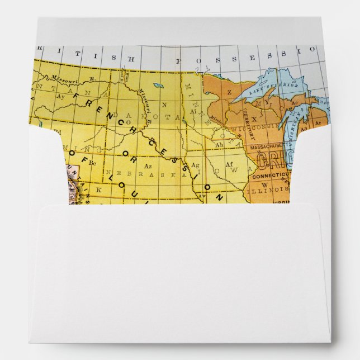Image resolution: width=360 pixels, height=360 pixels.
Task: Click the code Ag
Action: (x=195, y=165)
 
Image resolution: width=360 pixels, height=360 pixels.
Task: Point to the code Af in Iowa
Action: (x=229, y=165)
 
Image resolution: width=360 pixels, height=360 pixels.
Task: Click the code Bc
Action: (x=93, y=163)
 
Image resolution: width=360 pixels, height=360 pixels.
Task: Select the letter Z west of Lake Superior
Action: (x=229, y=92)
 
